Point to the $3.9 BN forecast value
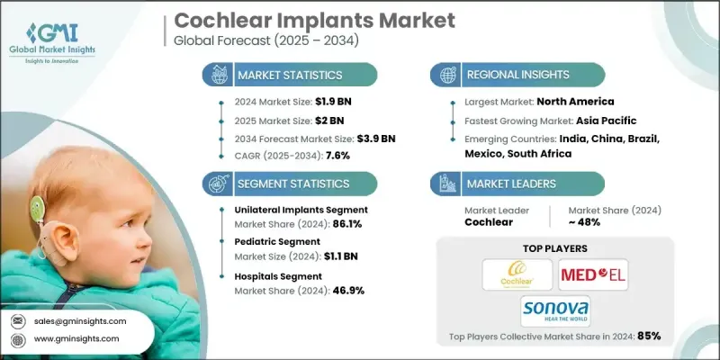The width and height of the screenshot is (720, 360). pyautogui.click(x=372, y=138)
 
